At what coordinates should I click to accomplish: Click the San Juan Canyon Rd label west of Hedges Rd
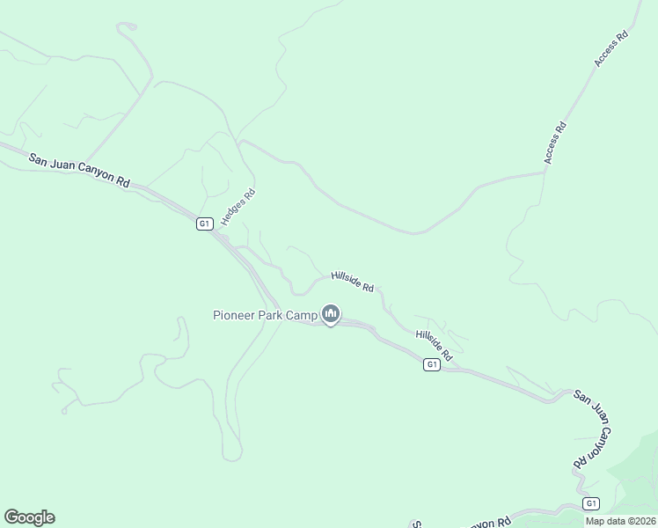click(79, 171)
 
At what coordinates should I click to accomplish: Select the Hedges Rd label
click(238, 208)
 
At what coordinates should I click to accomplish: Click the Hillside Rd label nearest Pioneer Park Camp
click(353, 282)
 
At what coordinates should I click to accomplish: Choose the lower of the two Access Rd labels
click(554, 143)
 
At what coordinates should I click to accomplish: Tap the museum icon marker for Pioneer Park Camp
click(331, 313)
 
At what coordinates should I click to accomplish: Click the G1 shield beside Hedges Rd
click(204, 224)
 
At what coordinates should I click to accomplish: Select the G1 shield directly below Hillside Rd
click(431, 364)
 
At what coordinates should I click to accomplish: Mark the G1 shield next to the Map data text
click(591, 503)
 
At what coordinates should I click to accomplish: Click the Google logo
click(29, 517)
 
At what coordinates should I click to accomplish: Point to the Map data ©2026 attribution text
click(621, 521)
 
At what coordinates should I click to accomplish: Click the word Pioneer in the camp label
click(233, 315)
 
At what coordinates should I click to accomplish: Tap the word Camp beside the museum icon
click(302, 315)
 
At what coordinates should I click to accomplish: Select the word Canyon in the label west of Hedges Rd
click(91, 173)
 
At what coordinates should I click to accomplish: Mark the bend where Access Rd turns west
click(545, 172)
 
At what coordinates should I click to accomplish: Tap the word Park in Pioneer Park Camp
click(270, 315)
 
